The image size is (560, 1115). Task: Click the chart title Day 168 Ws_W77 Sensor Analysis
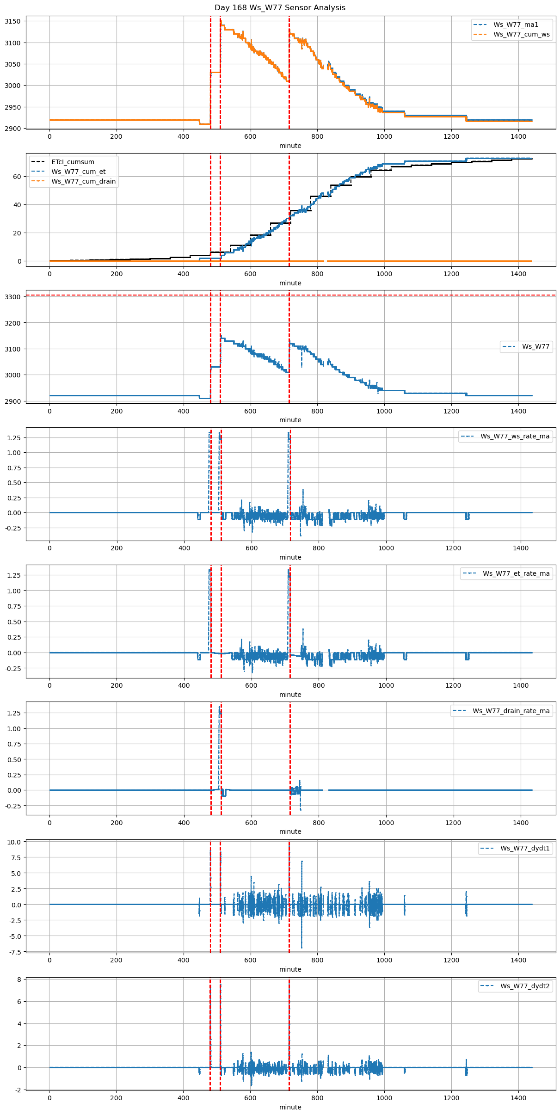pos(280,8)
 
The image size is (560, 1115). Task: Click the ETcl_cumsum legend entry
pos(73,162)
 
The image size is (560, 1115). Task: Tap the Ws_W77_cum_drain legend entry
pos(83,181)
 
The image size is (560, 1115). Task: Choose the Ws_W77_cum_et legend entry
pos(78,172)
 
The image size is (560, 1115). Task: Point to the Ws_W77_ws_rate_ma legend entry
pos(515,436)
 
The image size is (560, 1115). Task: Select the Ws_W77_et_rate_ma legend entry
pos(516,573)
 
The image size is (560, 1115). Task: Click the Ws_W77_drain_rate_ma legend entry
pos(511,711)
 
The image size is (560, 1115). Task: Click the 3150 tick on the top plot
pos(12,21)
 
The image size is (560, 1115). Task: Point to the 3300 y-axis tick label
pos(12,297)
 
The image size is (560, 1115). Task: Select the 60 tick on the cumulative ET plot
pos(17,177)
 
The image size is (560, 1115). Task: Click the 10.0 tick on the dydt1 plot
pos(14,842)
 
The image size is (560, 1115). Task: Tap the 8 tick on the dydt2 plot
pos(19,979)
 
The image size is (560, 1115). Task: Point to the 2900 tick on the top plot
pos(12,129)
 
